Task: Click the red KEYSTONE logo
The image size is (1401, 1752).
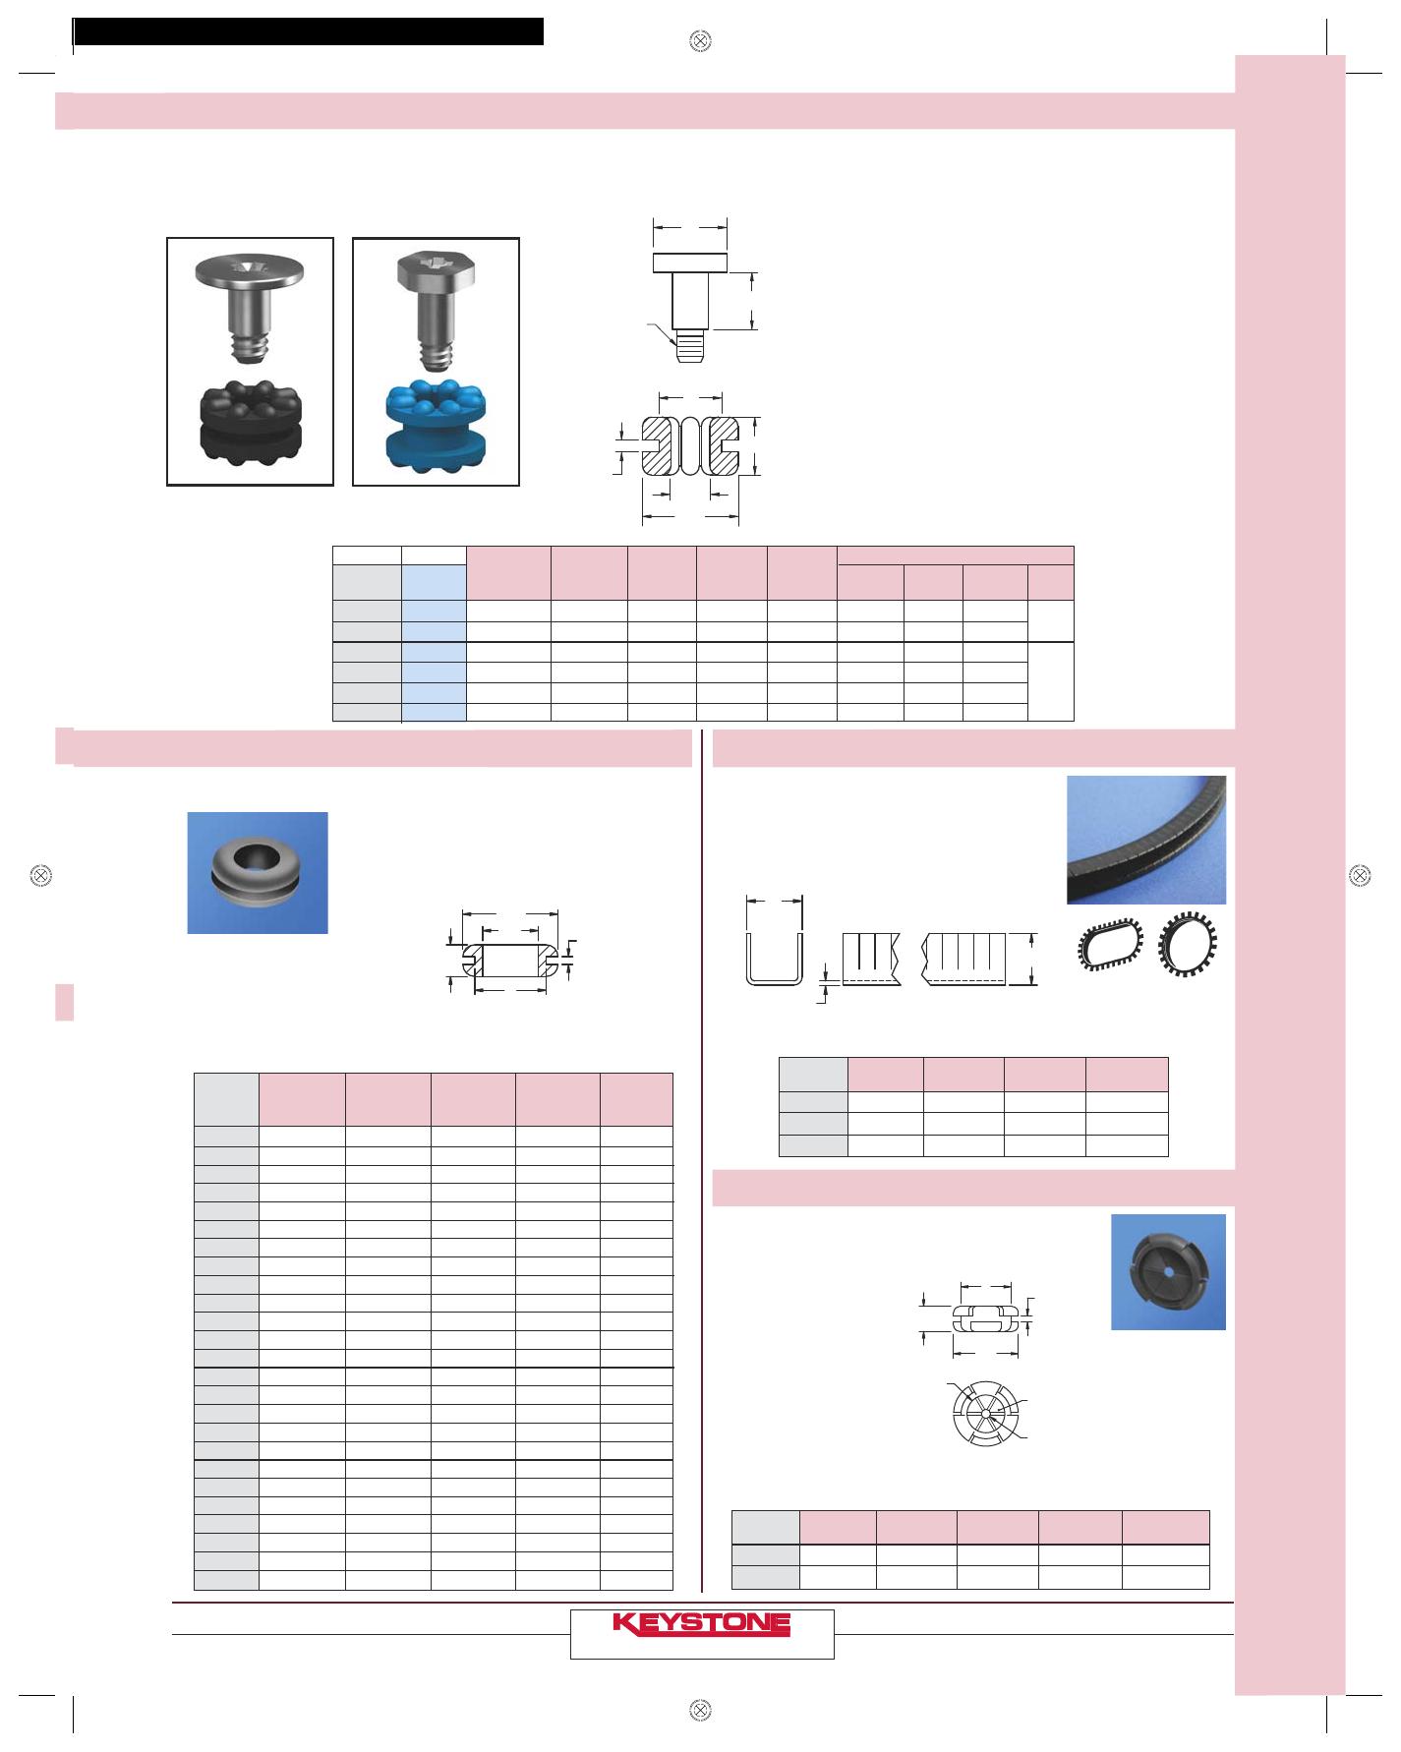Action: tap(702, 1623)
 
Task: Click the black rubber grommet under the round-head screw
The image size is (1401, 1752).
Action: tap(250, 418)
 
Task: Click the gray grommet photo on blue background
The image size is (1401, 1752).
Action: tap(258, 873)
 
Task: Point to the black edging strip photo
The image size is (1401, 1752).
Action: tap(1146, 840)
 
